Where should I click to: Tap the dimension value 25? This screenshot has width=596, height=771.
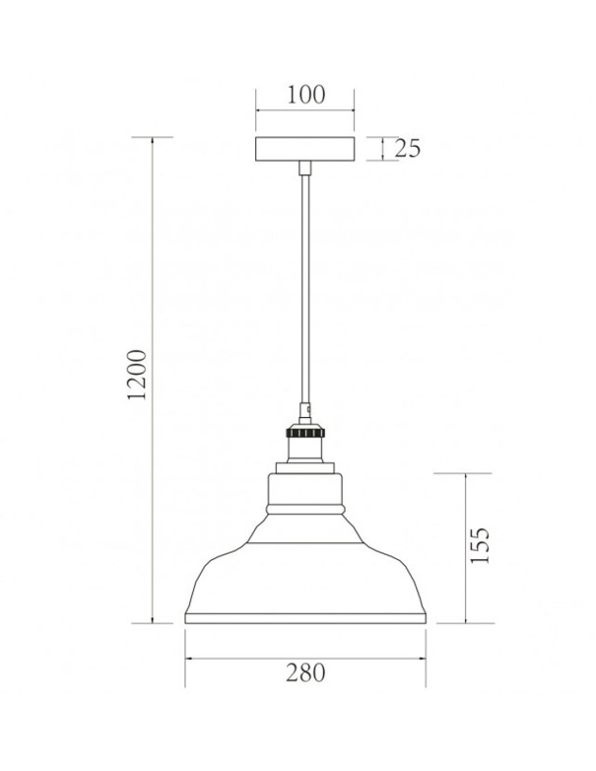pos(408,149)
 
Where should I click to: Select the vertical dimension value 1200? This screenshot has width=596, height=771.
pos(138,375)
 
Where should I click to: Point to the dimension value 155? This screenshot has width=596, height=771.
pos(480,545)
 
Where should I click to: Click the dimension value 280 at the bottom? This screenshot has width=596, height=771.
pos(305,673)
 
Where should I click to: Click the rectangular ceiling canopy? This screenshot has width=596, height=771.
pos(304,149)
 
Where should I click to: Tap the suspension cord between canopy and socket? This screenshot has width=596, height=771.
pos(304,286)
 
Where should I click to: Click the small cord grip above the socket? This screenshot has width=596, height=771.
pos(304,406)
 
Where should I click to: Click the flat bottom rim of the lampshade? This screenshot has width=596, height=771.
pos(304,619)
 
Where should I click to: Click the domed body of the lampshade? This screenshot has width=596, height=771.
pos(304,572)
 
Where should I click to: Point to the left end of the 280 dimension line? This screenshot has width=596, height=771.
pos(186,658)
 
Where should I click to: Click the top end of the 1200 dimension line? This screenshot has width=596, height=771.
pos(154,137)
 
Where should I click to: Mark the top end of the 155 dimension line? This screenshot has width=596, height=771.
pos(464,473)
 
